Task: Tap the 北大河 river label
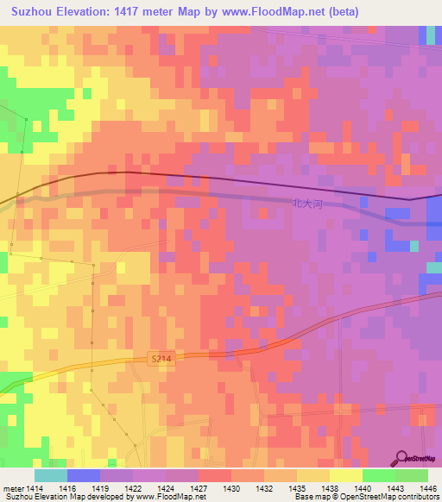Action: pyautogui.click(x=306, y=204)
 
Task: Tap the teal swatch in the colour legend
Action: pyautogui.click(x=50, y=475)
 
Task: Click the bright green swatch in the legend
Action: pyautogui.click(x=378, y=475)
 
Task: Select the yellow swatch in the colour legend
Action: pyautogui.click(x=345, y=475)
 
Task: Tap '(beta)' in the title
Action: pyautogui.click(x=340, y=11)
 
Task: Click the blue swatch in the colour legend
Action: pyautogui.click(x=83, y=475)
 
